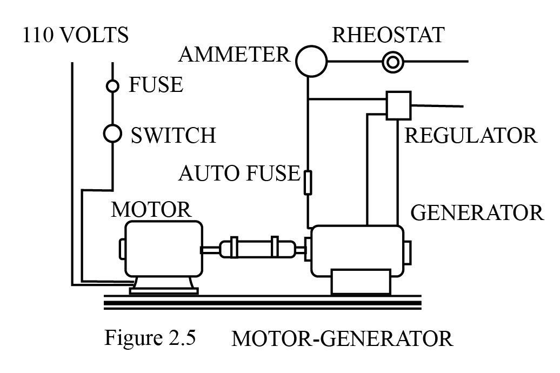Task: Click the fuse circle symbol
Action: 112,85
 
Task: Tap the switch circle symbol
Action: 112,132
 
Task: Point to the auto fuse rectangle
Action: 308,182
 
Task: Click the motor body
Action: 162,249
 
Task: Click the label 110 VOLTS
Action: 76,36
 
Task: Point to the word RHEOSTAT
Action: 388,35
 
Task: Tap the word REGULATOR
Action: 471,135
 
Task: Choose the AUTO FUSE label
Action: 238,174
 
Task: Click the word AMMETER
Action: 235,54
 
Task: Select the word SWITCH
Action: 173,135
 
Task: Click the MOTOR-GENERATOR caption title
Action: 342,339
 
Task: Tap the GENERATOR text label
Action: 477,212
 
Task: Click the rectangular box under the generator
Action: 361,282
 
